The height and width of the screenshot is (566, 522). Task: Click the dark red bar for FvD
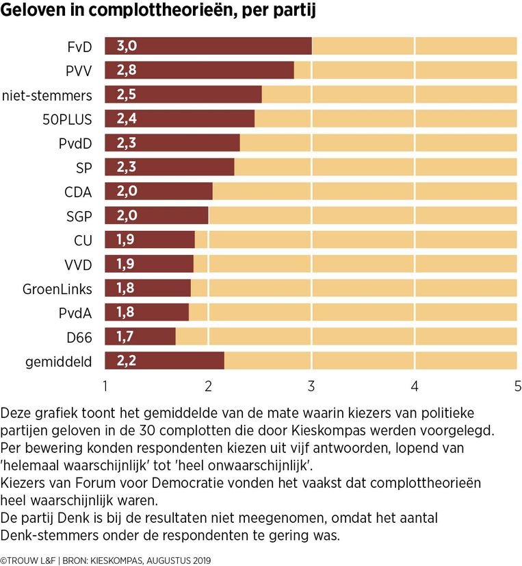[x=208, y=46]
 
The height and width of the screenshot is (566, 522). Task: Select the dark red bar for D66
[x=140, y=336]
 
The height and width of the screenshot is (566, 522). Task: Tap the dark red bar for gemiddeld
[x=164, y=360]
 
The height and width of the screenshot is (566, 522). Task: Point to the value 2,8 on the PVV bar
[x=127, y=71]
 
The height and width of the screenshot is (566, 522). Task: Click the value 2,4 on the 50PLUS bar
[x=127, y=119]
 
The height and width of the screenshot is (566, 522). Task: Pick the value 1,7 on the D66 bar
[x=127, y=336]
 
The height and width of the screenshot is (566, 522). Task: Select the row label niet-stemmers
[x=47, y=95]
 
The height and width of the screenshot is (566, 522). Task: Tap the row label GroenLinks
[x=57, y=288]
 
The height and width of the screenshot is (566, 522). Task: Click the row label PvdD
[x=75, y=143]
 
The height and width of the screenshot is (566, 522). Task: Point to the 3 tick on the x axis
[x=311, y=385]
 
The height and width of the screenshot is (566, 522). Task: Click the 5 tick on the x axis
[x=517, y=385]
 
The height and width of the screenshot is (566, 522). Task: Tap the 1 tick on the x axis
[x=105, y=385]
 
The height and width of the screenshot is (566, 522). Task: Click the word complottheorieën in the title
[x=157, y=12]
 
